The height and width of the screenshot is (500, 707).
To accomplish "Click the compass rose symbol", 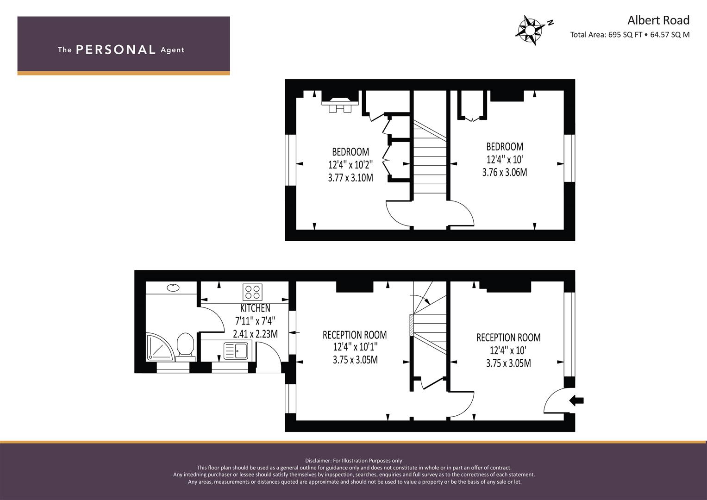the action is [x=530, y=30].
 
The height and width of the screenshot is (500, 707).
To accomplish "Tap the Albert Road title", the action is [x=658, y=20].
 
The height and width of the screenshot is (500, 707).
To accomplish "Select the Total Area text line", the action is [x=630, y=35].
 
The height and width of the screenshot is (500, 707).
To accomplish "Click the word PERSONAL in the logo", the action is [x=116, y=50].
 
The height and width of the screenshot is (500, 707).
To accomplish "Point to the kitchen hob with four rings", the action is [x=252, y=292].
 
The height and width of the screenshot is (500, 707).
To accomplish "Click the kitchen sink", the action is [x=236, y=351].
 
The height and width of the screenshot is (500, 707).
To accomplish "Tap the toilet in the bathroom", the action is [x=185, y=347].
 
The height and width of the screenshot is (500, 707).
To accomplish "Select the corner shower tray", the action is [x=160, y=346].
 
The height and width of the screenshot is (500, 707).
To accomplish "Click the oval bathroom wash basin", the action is [x=173, y=287].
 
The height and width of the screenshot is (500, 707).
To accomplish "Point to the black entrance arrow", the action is [x=576, y=401].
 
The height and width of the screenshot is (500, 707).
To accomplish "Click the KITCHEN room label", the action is [x=255, y=308].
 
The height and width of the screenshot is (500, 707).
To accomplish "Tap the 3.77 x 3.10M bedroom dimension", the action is [x=350, y=178].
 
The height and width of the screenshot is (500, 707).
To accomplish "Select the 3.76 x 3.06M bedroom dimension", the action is [x=504, y=172].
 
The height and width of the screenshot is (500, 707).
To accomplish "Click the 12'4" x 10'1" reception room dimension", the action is [x=355, y=347].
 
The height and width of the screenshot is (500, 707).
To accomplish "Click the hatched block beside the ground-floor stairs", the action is [x=412, y=325].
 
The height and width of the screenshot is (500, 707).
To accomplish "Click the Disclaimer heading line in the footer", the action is [x=354, y=461].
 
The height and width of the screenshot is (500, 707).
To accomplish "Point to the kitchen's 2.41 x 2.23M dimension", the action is [x=255, y=334].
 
